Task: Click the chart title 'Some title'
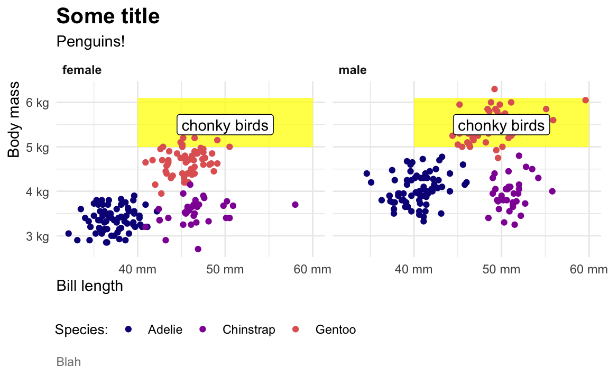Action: point(108,16)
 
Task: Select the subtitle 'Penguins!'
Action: point(90,41)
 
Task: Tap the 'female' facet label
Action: point(82,70)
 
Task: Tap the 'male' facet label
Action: point(353,70)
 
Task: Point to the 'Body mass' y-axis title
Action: point(14,119)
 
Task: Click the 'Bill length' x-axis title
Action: point(89,286)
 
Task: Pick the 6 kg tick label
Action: point(38,103)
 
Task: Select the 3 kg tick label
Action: point(38,236)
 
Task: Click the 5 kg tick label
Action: point(38,147)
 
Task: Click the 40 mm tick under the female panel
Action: point(137,270)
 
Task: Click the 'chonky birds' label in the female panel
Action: point(225,125)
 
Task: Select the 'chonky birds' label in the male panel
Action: point(501,125)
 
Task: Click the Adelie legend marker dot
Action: point(128,329)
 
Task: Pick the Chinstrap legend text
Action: point(248,330)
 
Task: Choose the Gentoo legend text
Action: point(335,330)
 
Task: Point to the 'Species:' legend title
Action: point(81,330)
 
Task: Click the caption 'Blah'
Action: point(68,362)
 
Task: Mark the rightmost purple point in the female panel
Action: point(295,205)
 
